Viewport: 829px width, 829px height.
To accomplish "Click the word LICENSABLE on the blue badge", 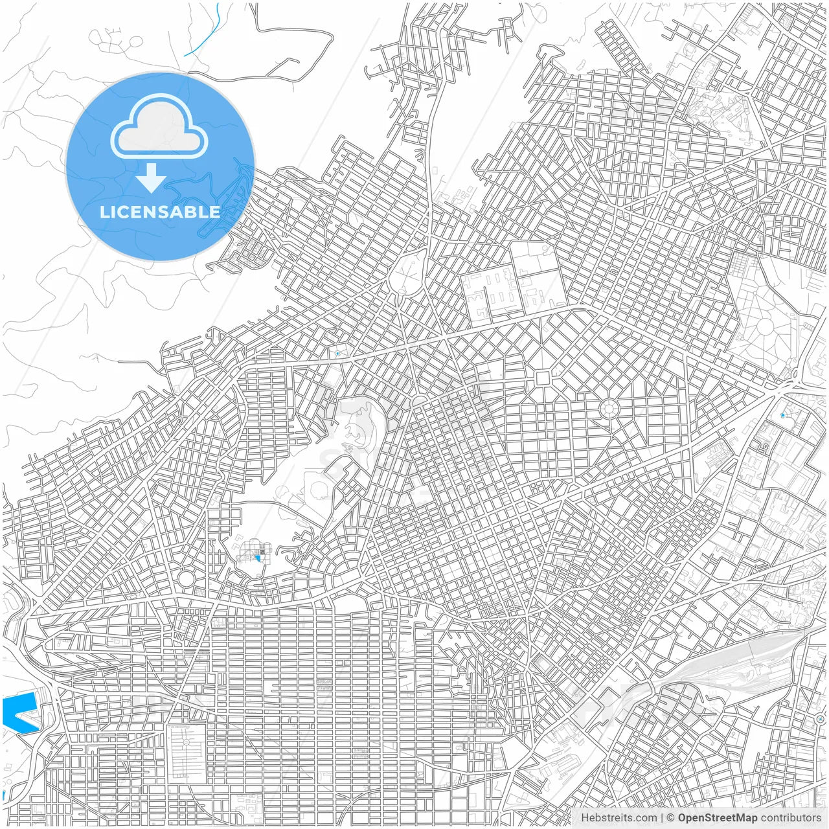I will tap(159, 212).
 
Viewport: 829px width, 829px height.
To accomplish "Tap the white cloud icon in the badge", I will tap(159, 127).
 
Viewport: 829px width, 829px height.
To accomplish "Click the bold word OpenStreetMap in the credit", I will tap(717, 818).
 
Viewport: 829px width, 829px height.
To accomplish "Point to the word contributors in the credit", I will tap(790, 818).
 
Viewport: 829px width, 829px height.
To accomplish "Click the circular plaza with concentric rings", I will tap(609, 408).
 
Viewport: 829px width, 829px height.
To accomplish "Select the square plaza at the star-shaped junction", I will tap(543, 378).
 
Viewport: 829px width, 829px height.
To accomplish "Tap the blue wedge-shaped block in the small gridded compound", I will tap(258, 556).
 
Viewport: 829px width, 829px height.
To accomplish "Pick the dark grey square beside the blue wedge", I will tap(262, 551).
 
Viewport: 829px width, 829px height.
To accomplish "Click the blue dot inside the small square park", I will tap(337, 354).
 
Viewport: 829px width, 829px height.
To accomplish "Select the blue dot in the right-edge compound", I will tap(783, 414).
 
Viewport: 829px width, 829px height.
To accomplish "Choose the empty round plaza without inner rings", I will tap(186, 578).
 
